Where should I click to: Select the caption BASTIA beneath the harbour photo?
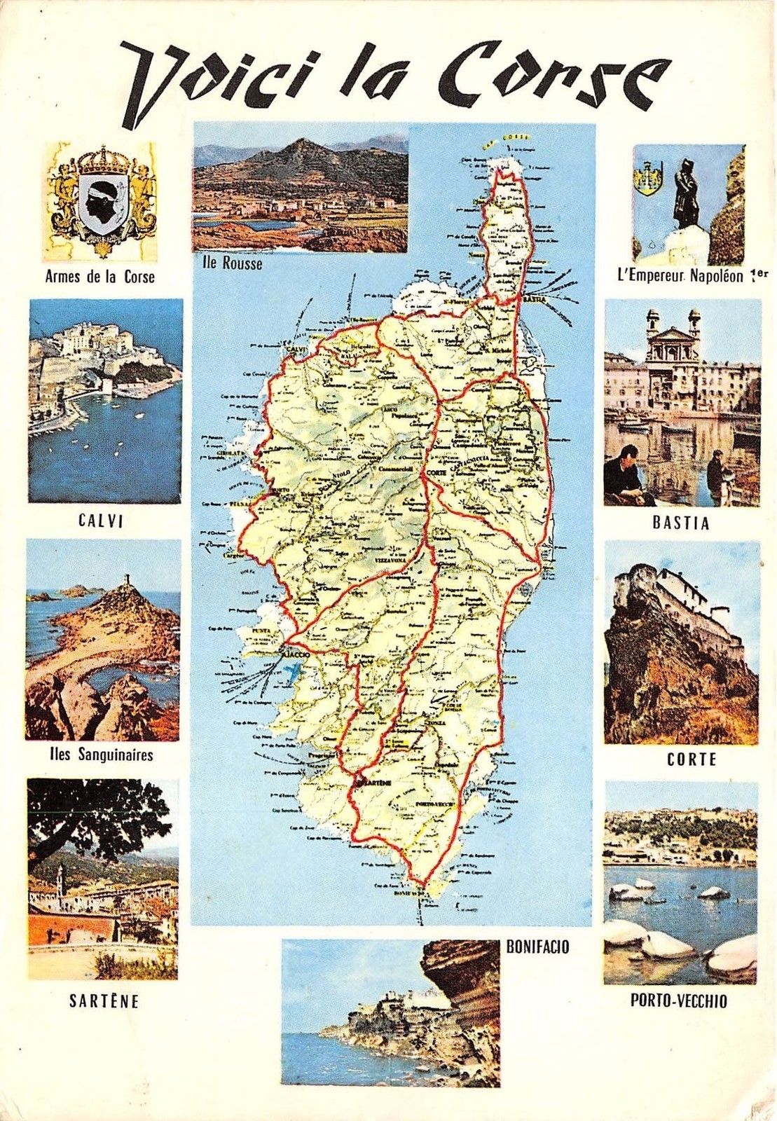pyautogui.click(x=680, y=523)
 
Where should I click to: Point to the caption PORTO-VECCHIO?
pyautogui.click(x=678, y=1001)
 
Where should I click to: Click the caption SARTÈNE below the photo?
pyautogui.click(x=104, y=1002)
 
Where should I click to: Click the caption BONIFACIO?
pyautogui.click(x=537, y=947)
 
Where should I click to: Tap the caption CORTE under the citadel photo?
pyautogui.click(x=681, y=759)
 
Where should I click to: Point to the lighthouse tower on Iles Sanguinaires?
pyautogui.click(x=128, y=581)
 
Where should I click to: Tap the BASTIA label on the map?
pyautogui.click(x=534, y=299)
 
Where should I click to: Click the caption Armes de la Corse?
pyautogui.click(x=99, y=277)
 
